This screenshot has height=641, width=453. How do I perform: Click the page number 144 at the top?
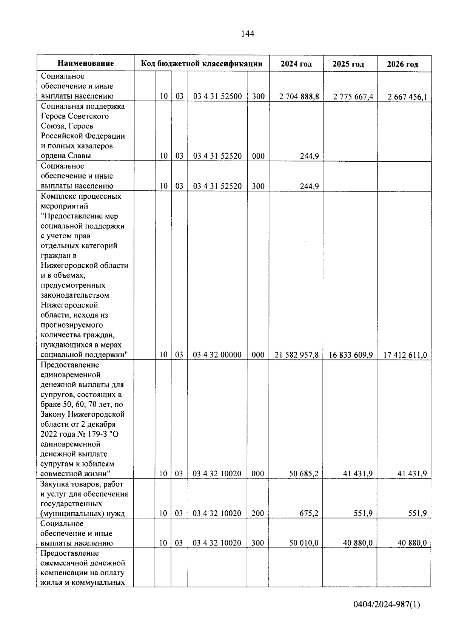[248, 34]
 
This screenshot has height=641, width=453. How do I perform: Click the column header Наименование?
[86, 63]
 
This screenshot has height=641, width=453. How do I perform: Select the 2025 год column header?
[348, 64]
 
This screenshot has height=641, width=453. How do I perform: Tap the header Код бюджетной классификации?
[202, 63]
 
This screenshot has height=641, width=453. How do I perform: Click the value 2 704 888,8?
[299, 97]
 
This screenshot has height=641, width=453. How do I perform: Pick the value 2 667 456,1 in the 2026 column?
[407, 97]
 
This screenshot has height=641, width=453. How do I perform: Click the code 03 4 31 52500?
[217, 96]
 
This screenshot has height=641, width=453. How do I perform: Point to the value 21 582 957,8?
[297, 355]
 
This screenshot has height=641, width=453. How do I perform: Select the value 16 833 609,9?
[351, 355]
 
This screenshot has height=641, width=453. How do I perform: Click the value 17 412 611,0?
[405, 355]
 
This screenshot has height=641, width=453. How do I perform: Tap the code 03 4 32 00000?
[217, 355]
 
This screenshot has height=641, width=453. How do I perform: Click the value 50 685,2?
[304, 474]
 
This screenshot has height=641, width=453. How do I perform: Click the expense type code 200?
[258, 513]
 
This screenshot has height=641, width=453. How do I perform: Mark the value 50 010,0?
[304, 543]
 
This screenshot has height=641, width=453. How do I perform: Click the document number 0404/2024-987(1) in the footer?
[387, 605]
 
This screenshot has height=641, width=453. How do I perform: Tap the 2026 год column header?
[402, 64]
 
